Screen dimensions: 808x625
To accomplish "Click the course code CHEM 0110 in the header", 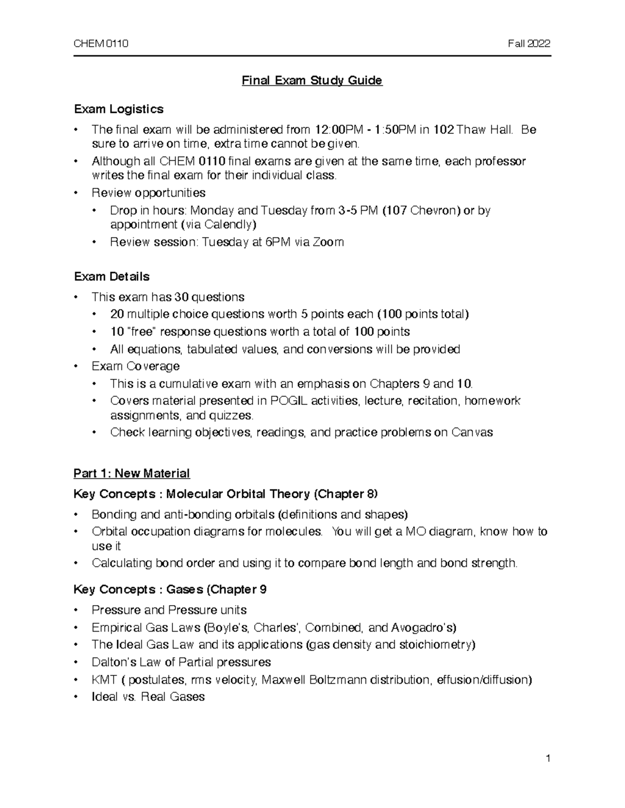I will (101, 44).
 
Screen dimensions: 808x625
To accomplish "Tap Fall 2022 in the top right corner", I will (529, 44).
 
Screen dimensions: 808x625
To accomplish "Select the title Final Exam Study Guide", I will (312, 81).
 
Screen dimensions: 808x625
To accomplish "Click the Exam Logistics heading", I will (119, 109).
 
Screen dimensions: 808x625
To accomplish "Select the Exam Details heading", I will (111, 276).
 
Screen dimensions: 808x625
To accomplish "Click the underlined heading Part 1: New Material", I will (131, 473).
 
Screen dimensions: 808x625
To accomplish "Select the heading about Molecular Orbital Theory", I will (226, 494).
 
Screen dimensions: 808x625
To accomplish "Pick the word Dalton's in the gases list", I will (112, 662).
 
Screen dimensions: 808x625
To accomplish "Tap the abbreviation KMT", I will (104, 679).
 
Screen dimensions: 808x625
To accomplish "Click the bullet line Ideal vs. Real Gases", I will (148, 697).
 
